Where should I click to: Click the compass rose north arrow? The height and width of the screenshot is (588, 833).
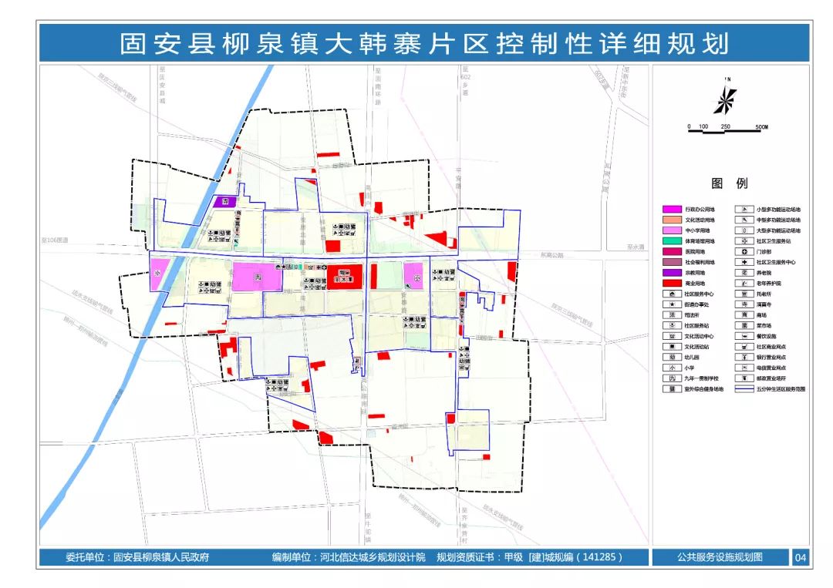tap(725, 99)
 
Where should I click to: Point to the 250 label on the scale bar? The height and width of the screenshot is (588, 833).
tap(725, 126)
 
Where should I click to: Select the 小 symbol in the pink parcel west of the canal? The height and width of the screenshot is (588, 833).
tap(157, 274)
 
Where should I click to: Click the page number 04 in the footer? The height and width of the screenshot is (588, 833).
tap(800, 557)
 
